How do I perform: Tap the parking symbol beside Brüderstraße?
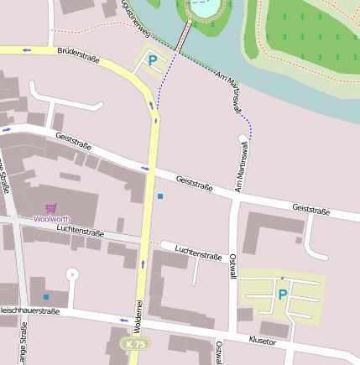tap(152, 60)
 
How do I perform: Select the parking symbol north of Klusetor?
tap(282, 295)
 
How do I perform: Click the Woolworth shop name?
tap(52, 219)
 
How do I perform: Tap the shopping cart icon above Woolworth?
tap(52, 207)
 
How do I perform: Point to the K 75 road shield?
tap(134, 344)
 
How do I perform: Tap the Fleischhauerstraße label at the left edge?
tap(29, 311)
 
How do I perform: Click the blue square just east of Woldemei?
tap(159, 196)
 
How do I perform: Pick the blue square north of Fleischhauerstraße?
tap(46, 297)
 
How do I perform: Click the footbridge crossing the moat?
tap(184, 38)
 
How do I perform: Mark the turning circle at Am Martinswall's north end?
tap(243, 137)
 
